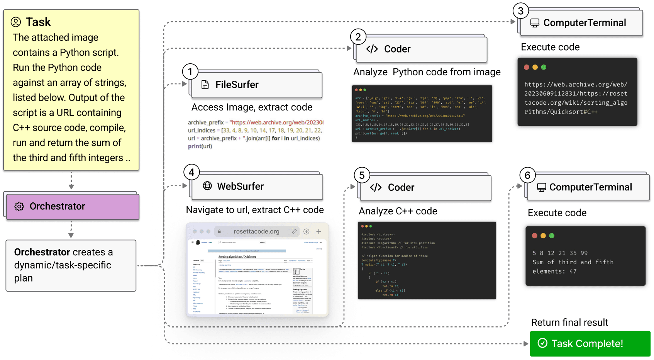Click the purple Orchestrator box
(x=73, y=206)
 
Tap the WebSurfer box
(x=257, y=187)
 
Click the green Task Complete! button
(x=590, y=343)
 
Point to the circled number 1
(x=190, y=71)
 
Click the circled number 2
(x=358, y=37)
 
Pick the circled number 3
(x=520, y=11)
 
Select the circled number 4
(x=191, y=172)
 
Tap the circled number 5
(x=362, y=175)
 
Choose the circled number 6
(x=527, y=175)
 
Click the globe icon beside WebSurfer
(x=207, y=186)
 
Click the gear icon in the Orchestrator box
(x=19, y=207)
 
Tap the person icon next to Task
(x=16, y=22)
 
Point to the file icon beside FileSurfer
(x=205, y=85)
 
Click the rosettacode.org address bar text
(x=256, y=231)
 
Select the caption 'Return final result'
(x=569, y=323)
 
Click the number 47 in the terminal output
(x=573, y=272)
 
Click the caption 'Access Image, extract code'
(x=252, y=107)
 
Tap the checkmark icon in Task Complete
(x=542, y=343)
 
